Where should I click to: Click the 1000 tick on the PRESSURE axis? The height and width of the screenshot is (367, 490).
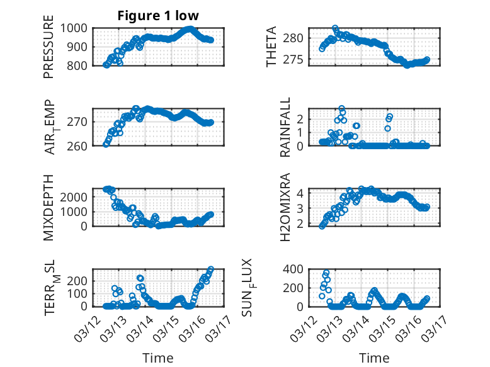(77, 28)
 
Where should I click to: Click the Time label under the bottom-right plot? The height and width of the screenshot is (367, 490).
(374, 358)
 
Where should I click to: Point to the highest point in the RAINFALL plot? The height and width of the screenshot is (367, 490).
(342, 109)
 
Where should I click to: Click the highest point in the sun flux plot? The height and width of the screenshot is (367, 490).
(326, 273)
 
